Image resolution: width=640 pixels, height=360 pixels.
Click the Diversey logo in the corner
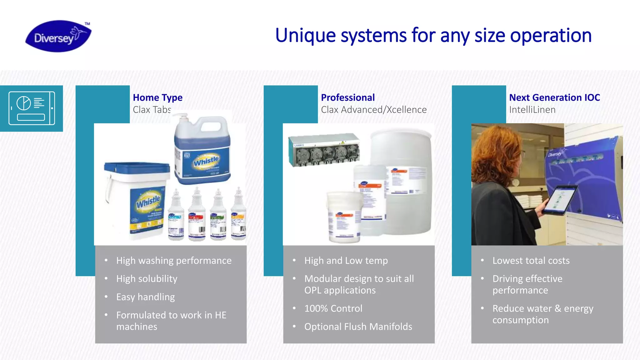(58, 36)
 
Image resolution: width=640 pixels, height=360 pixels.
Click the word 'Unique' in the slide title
(305, 36)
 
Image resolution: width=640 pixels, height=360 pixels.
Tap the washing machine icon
(32, 108)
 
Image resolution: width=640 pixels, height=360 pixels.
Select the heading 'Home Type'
(157, 97)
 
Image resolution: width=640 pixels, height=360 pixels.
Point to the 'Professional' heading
(347, 97)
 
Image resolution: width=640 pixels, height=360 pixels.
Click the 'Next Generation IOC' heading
(554, 97)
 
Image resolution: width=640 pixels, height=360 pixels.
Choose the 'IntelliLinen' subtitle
(532, 110)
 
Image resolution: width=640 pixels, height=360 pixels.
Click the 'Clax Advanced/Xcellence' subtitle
(373, 110)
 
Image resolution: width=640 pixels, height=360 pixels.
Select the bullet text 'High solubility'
(147, 279)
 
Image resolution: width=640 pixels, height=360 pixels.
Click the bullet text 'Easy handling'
(145, 297)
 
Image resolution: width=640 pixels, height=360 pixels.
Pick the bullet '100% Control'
(333, 308)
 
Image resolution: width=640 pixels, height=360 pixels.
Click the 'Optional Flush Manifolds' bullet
(358, 327)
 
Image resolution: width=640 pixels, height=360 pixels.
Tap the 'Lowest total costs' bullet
(531, 261)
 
